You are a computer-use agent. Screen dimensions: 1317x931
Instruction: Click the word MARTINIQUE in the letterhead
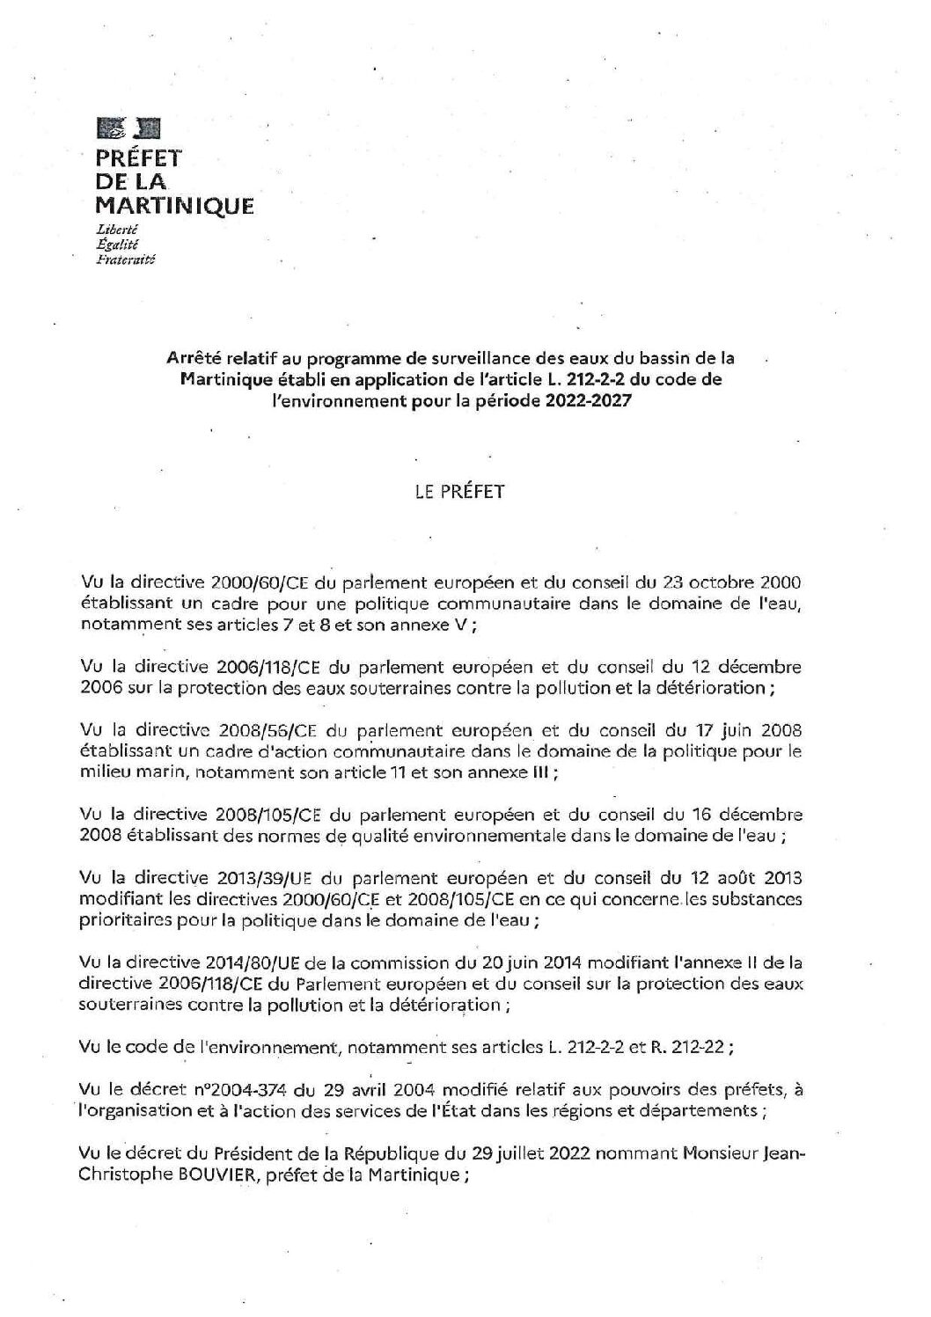click(174, 207)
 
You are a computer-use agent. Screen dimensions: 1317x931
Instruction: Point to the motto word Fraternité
click(125, 260)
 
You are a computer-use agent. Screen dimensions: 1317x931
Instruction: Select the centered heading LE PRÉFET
click(460, 492)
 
